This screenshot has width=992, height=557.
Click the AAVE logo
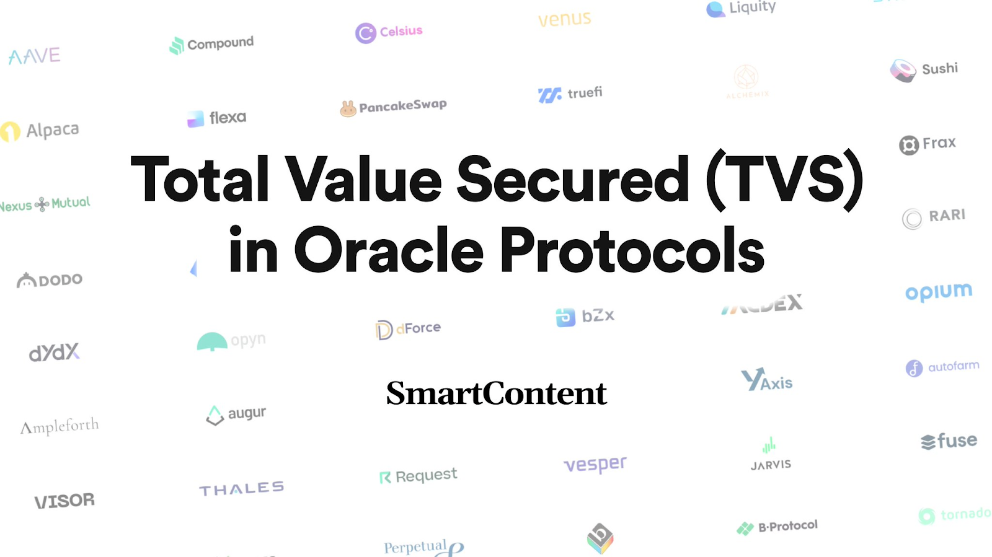pos(35,56)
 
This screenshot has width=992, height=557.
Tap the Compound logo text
pos(220,43)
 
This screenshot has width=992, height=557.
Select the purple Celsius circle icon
pos(366,33)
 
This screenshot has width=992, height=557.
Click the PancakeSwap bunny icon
pos(348,109)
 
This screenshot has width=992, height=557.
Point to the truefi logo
pos(570,94)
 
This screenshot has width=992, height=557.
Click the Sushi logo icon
pos(903,71)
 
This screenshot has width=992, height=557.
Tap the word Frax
pos(939,143)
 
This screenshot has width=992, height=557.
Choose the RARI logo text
pos(947,216)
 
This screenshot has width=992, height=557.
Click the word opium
pos(939,292)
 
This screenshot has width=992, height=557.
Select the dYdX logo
pos(55,353)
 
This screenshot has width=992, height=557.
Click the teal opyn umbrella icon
pos(212,341)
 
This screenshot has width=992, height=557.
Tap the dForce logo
pos(408,329)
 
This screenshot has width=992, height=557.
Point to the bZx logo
pos(585,317)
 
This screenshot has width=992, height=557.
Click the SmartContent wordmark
pos(496,393)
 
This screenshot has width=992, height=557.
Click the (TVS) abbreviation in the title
pos(785,180)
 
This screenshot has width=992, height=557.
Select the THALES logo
pos(241,489)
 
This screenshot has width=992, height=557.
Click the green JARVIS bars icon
pos(769,445)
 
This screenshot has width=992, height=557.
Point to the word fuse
pos(957,441)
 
